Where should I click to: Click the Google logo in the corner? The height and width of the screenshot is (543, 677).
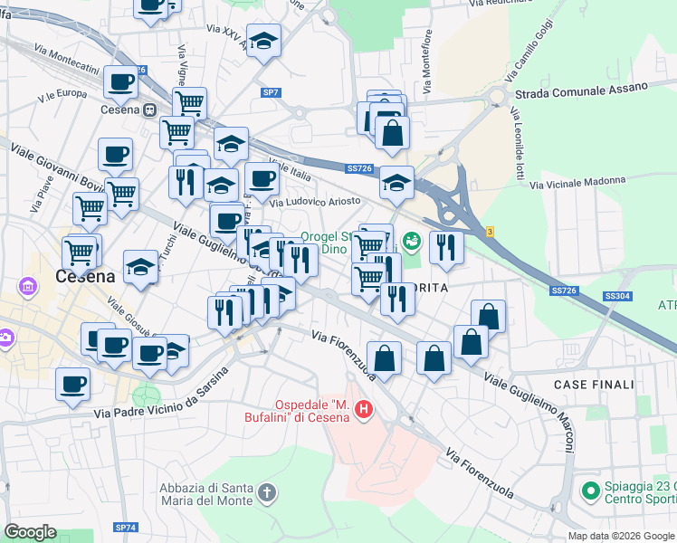[x=30, y=532]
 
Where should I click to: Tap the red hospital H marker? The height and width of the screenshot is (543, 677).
[x=364, y=410]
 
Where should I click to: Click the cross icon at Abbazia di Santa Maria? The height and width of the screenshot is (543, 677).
[x=266, y=494]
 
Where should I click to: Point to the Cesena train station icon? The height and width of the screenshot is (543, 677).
[x=148, y=110]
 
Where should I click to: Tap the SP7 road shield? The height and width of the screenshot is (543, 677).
[x=271, y=92]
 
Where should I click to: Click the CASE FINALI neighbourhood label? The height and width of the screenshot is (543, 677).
[x=593, y=385]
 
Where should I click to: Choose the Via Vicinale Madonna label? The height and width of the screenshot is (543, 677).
[x=577, y=183]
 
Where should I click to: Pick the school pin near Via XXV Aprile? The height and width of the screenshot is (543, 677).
[x=263, y=42]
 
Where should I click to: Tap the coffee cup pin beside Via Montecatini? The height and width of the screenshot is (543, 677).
[x=120, y=83]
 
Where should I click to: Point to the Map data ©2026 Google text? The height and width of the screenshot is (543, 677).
[x=621, y=536]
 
